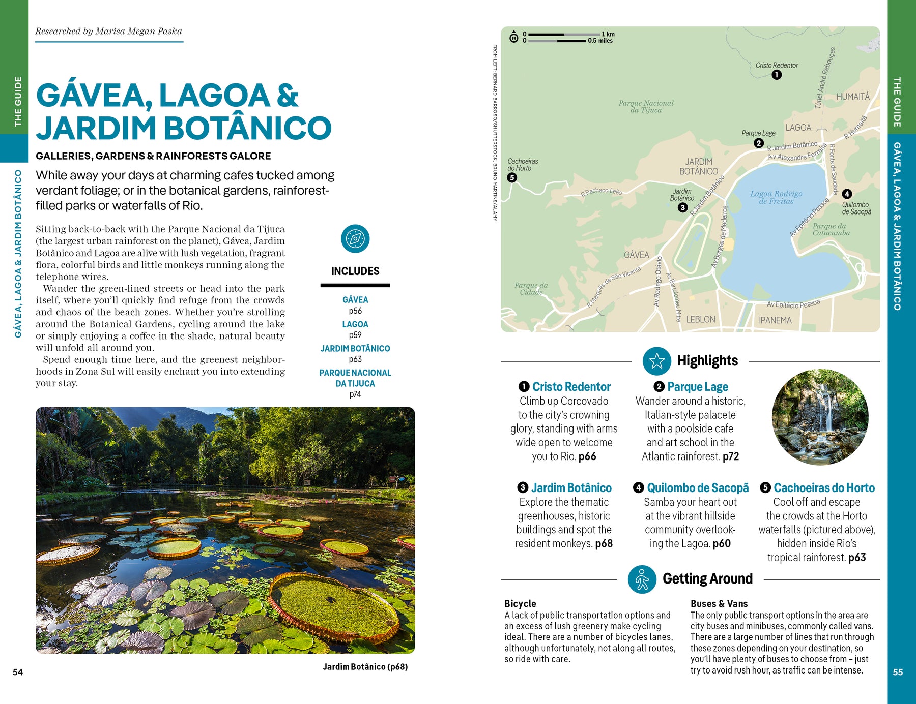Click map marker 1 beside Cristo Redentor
pyautogui.click(x=776, y=75)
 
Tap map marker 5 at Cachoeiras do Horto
pyautogui.click(x=512, y=177)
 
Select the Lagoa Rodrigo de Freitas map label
pyautogui.click(x=776, y=197)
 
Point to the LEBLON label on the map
pyautogui.click(x=700, y=319)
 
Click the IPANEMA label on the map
pyautogui.click(x=775, y=320)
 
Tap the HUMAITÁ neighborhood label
pyautogui.click(x=853, y=97)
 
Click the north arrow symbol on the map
pyautogui.click(x=514, y=37)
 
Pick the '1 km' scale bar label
pyautogui.click(x=608, y=34)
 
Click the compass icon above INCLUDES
pyautogui.click(x=355, y=238)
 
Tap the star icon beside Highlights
pyautogui.click(x=656, y=361)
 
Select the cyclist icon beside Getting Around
pyautogui.click(x=642, y=579)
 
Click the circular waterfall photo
pyautogui.click(x=820, y=417)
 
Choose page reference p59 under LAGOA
pyautogui.click(x=355, y=335)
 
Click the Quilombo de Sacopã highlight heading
pyautogui.click(x=698, y=488)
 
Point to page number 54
pyautogui.click(x=18, y=672)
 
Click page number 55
pyautogui.click(x=898, y=672)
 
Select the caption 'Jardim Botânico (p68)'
pyautogui.click(x=365, y=667)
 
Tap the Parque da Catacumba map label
pyautogui.click(x=831, y=229)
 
